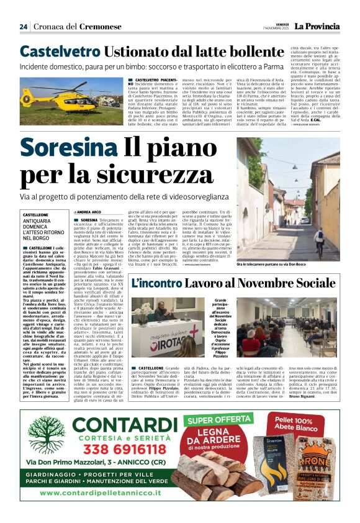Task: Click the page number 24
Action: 24,26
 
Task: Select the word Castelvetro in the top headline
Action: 60,52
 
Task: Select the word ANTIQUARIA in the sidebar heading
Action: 37,221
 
